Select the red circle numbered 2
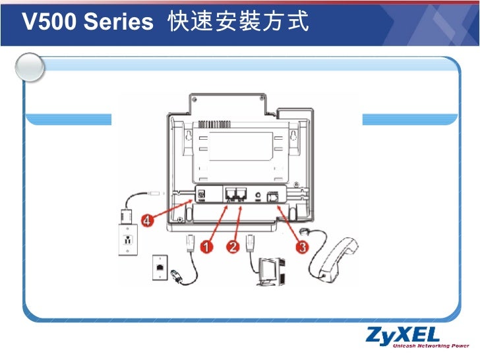[233, 247]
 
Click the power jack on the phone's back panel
[201, 195]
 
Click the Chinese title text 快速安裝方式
[238, 23]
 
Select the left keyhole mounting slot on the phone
[189, 137]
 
